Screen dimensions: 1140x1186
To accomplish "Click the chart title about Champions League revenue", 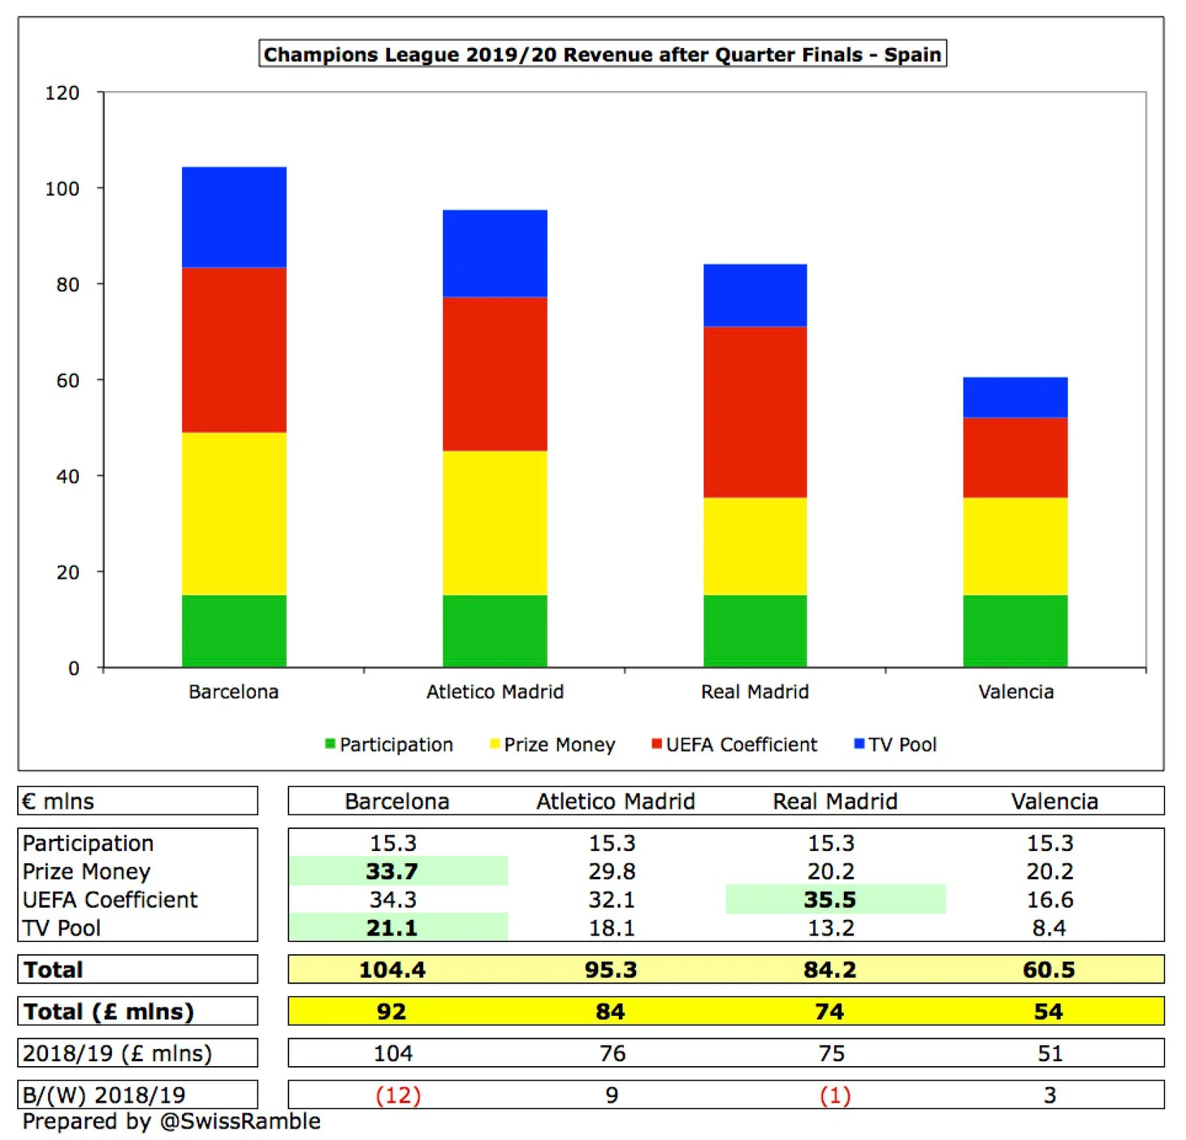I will [x=602, y=54].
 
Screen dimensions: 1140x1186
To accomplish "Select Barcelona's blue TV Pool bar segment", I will [x=234, y=217].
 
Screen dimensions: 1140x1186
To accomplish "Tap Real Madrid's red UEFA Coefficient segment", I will [x=755, y=412].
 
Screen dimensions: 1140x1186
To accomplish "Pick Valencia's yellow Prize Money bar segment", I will [x=1015, y=546].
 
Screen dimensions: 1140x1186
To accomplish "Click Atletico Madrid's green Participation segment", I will [x=495, y=631].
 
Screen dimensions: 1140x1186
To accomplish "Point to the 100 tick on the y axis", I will [x=63, y=188].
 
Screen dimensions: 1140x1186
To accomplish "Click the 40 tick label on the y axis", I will [x=67, y=477].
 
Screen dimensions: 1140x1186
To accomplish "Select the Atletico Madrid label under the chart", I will [x=495, y=692].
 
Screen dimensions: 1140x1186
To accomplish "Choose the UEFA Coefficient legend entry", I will [x=734, y=745].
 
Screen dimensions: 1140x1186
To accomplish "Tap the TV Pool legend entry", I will [x=895, y=745].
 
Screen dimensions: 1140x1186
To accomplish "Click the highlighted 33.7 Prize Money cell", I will [x=392, y=871].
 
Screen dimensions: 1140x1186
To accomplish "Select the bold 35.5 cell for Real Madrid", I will [x=830, y=900].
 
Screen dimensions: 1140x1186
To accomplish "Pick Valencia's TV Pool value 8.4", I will [x=1049, y=927].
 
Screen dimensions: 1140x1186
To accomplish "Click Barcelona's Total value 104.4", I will [x=392, y=969].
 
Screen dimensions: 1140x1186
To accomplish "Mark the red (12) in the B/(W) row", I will [x=398, y=1095].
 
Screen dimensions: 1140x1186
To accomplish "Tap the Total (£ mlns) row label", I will [x=109, y=1012].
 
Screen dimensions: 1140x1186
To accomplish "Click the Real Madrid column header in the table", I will [x=835, y=801].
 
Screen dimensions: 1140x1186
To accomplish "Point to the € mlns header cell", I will [x=58, y=801].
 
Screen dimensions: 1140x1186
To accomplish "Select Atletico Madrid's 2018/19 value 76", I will [x=612, y=1053].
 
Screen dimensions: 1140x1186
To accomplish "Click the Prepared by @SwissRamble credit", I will [x=171, y=1121].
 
